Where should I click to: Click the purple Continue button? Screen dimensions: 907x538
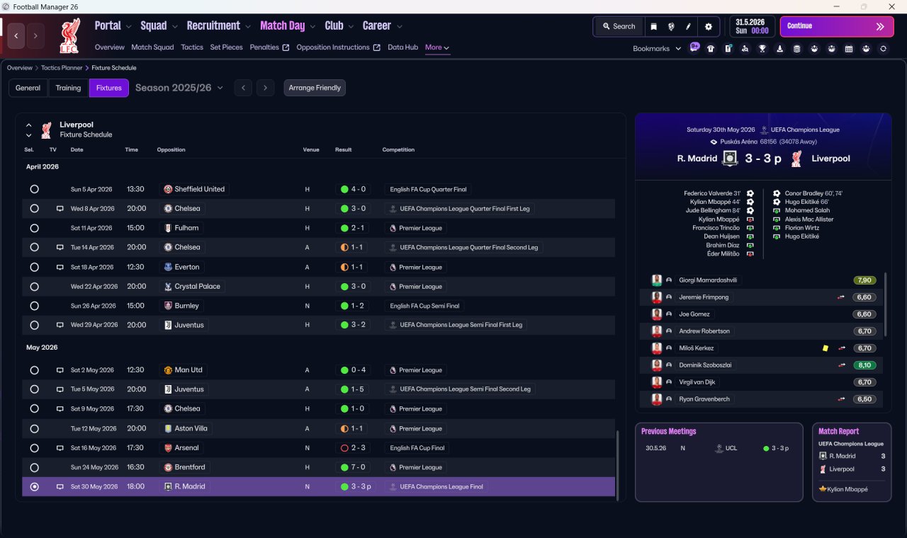coord(837,26)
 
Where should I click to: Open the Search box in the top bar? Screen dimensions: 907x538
coord(619,26)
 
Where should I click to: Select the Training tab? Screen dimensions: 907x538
coord(68,88)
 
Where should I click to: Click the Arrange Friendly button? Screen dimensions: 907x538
coord(315,88)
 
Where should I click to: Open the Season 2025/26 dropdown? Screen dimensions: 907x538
coord(179,88)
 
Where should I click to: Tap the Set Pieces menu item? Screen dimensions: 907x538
coord(226,47)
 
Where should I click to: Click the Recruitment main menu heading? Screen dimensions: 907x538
coord(213,26)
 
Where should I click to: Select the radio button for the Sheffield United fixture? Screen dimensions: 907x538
coord(35,189)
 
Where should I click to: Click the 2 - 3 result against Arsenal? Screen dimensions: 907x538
coord(359,448)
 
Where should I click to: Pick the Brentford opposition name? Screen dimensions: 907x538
coord(190,467)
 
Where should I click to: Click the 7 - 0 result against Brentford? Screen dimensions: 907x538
coord(359,467)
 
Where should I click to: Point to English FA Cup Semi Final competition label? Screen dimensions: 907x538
coord(424,306)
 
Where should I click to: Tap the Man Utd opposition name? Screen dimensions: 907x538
coord(188,370)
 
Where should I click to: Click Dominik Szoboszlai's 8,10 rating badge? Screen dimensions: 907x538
coord(864,365)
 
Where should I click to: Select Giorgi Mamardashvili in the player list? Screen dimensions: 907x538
coord(708,280)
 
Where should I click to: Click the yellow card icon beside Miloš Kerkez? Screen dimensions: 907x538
coord(826,348)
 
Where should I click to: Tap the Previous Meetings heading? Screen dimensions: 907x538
coord(668,431)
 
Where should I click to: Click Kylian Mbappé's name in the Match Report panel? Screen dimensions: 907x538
coord(847,489)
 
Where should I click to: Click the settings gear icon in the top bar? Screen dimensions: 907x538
coord(708,26)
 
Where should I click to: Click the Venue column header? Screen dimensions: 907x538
coord(311,149)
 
